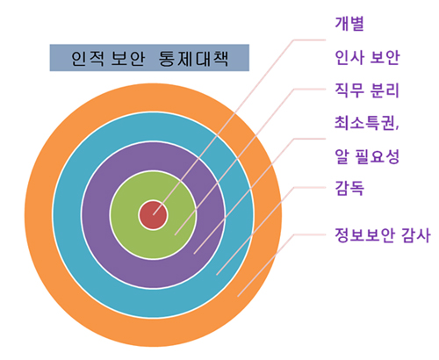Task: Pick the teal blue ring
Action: [x=68, y=215]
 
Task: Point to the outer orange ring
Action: [x=38, y=215]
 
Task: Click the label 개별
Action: [x=349, y=24]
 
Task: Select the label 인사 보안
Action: [x=367, y=57]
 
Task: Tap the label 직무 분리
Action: [x=367, y=90]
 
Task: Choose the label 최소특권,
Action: [x=367, y=123]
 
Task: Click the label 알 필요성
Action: [x=367, y=156]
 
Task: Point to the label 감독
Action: [x=349, y=188]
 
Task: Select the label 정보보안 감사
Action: [x=383, y=235]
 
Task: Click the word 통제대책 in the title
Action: [x=193, y=58]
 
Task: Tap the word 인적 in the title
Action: [x=87, y=58]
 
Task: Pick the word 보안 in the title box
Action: [x=128, y=58]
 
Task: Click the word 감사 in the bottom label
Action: [x=415, y=235]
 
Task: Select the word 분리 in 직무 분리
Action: [x=385, y=90]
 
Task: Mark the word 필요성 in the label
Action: [x=378, y=156]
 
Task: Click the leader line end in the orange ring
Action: [x=238, y=296]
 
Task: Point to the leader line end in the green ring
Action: [x=175, y=234]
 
